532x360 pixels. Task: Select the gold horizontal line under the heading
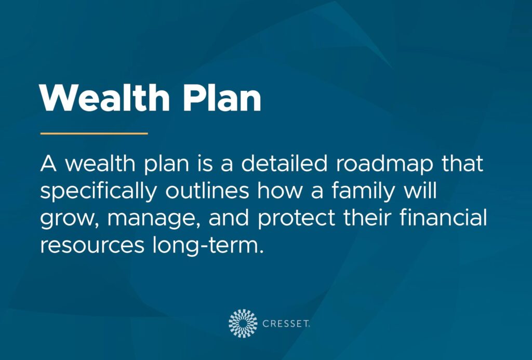pos(94,134)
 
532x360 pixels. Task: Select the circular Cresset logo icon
pos(243,323)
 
